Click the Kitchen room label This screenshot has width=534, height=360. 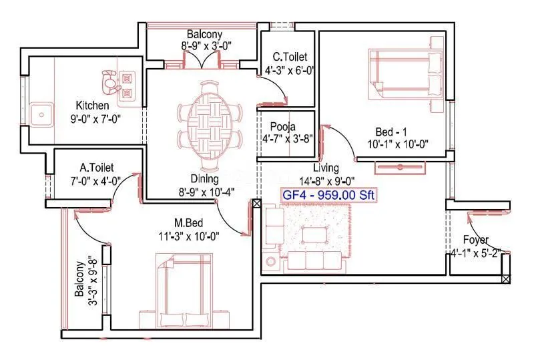(92, 106)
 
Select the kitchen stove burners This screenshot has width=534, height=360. (127, 86)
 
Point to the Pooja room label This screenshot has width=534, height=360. (283, 127)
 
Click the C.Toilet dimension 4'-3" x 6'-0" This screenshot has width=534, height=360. (289, 69)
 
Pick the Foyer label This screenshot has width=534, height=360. (476, 240)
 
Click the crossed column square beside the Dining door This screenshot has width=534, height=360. (257, 204)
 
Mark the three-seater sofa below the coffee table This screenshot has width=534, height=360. (312, 260)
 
